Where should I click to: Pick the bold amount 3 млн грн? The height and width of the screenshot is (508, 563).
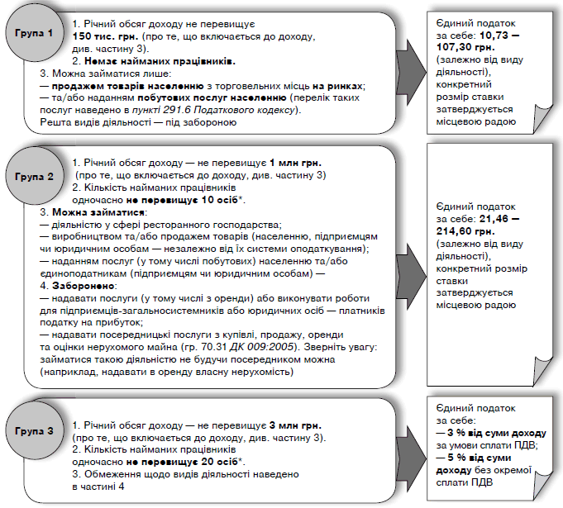tap(290, 425)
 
